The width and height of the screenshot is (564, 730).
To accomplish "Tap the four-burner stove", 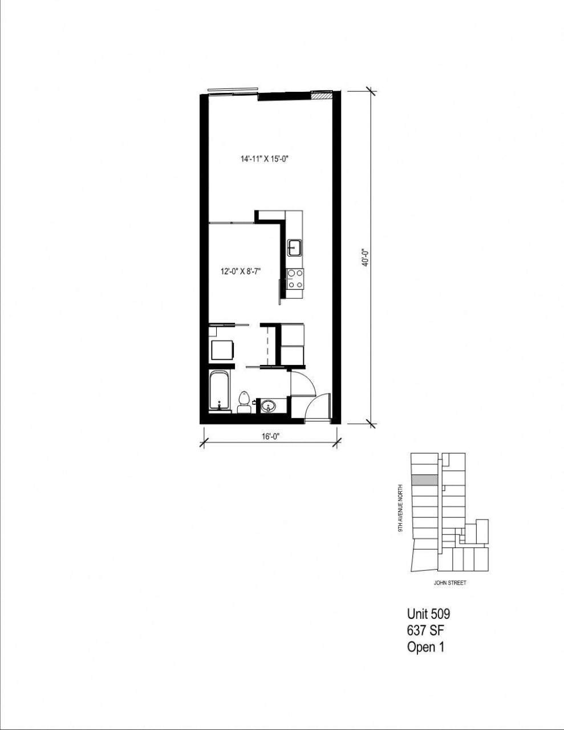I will (x=295, y=279).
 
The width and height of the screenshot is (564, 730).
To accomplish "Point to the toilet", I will (x=245, y=401).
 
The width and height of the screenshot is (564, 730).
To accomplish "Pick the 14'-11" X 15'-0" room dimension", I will (x=265, y=160).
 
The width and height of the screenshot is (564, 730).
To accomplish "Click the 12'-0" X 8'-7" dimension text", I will (x=241, y=272).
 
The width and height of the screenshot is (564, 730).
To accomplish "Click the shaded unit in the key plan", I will (x=425, y=480).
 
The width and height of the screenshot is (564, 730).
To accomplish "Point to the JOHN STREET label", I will (x=450, y=583).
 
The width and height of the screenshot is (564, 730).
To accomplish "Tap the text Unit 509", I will (x=428, y=614).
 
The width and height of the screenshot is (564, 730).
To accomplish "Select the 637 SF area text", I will (x=425, y=631).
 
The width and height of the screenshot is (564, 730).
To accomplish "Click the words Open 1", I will (x=425, y=647).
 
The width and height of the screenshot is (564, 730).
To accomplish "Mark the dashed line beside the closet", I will (x=267, y=345).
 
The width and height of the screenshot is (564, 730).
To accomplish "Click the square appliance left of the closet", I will (x=223, y=348).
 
